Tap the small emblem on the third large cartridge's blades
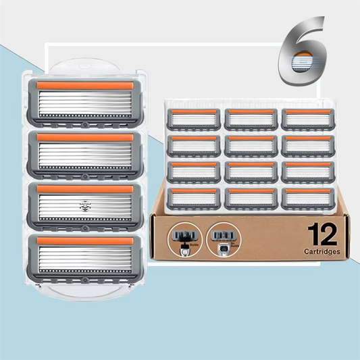(x=85, y=202)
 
